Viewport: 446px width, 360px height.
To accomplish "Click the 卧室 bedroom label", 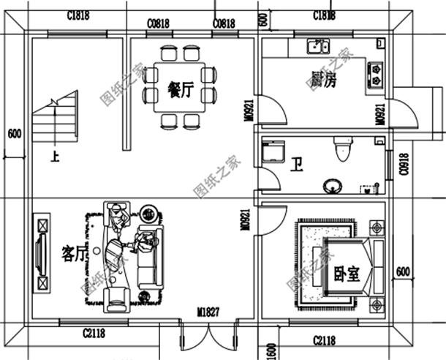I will pyautogui.click(x=346, y=274).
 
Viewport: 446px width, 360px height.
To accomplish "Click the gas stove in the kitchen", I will pyautogui.click(x=376, y=71).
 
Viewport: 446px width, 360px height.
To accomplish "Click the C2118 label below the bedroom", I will pyautogui.click(x=324, y=340).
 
